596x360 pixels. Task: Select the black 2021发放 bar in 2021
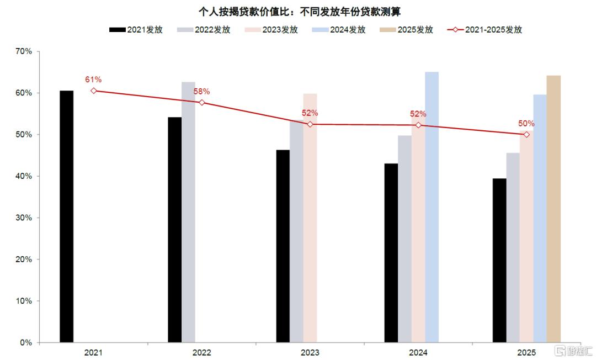pyautogui.click(x=67, y=216)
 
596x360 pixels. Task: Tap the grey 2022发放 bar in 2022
pyautogui.click(x=188, y=212)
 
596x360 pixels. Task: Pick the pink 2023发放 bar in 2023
pyautogui.click(x=310, y=218)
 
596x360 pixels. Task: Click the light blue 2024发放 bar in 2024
pyautogui.click(x=432, y=207)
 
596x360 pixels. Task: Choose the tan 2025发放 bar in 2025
pyautogui.click(x=554, y=209)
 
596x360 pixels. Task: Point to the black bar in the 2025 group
pyautogui.click(x=499, y=260)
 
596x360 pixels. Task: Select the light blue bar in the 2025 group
pyautogui.click(x=540, y=218)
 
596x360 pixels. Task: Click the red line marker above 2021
pyautogui.click(x=94, y=91)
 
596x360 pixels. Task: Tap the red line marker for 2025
pyautogui.click(x=526, y=134)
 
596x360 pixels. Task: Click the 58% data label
pyautogui.click(x=202, y=91)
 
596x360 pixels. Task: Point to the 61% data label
pyautogui.click(x=93, y=80)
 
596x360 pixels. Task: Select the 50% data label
pyautogui.click(x=526, y=124)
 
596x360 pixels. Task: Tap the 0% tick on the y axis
pyautogui.click(x=26, y=343)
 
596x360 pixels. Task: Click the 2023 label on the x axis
pyautogui.click(x=310, y=352)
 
